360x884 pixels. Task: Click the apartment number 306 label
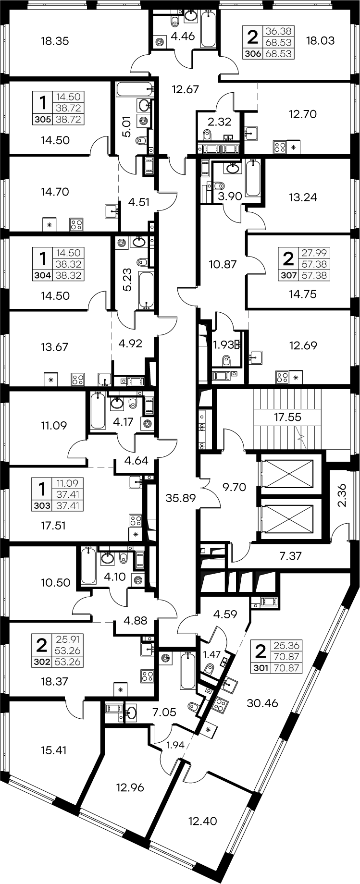[253, 54]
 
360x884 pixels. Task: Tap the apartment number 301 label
[260, 666]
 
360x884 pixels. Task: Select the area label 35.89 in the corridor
[180, 498]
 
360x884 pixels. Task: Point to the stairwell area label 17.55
[288, 417]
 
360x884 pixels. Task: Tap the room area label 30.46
[262, 703]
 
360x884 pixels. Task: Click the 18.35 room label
[55, 41]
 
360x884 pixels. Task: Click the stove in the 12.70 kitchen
[279, 146]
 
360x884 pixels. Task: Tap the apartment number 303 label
[42, 505]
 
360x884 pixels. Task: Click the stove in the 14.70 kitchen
[76, 224]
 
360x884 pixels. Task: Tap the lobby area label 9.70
[234, 487]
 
